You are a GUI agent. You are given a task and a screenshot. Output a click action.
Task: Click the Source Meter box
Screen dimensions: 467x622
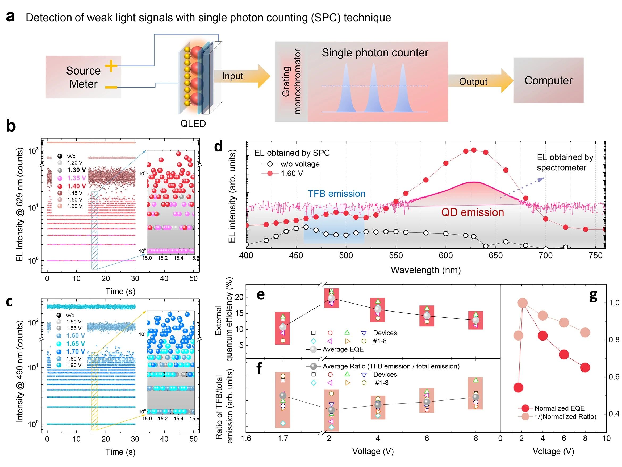(83, 77)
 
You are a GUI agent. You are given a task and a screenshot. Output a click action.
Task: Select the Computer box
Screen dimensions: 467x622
(548, 80)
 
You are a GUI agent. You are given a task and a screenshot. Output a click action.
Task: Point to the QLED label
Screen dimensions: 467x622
(193, 124)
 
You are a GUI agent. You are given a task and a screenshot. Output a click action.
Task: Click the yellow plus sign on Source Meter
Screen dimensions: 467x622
(111, 66)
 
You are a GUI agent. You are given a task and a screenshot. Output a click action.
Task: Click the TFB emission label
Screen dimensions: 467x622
(336, 194)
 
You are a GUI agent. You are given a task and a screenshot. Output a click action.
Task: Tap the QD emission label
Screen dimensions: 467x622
(472, 212)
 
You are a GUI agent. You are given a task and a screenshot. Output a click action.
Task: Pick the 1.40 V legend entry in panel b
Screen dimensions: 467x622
(76, 186)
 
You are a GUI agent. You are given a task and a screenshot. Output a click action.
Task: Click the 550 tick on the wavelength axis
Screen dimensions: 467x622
(396, 256)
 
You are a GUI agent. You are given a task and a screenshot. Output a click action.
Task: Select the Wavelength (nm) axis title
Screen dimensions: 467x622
(425, 270)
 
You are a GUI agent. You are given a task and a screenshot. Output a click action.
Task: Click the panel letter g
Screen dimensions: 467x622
(593, 296)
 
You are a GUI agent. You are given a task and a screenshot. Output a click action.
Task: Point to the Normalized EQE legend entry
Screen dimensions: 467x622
(559, 408)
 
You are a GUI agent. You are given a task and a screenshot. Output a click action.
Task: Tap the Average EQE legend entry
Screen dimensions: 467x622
(343, 349)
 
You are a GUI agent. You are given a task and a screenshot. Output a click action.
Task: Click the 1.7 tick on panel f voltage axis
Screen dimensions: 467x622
(283, 438)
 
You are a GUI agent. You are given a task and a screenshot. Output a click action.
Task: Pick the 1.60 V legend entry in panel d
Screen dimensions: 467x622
(292, 173)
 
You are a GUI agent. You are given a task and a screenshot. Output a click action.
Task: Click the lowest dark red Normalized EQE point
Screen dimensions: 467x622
(518, 388)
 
